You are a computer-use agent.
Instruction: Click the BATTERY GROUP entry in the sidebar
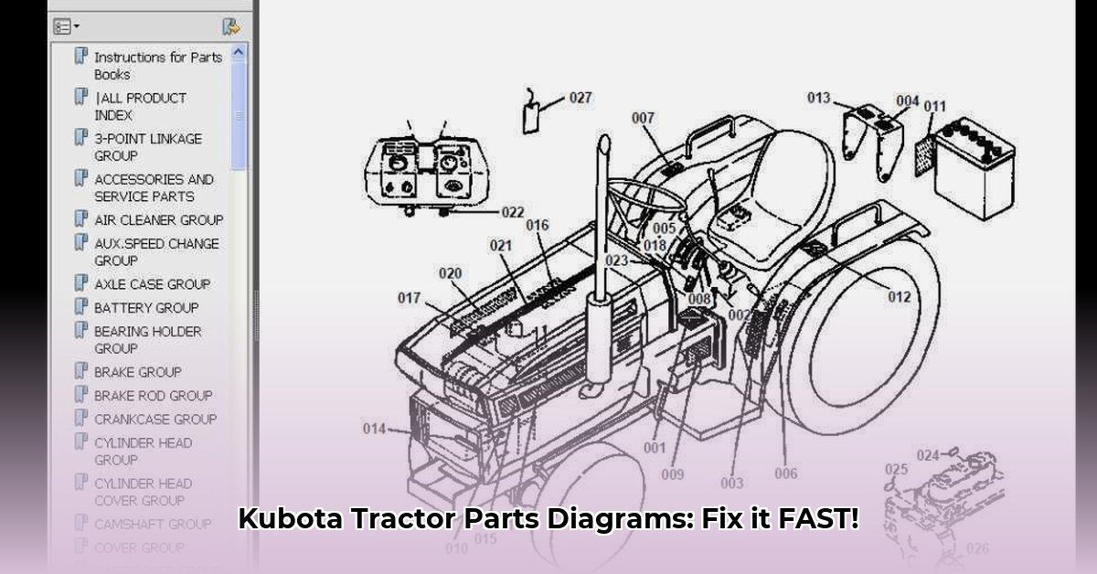(x=146, y=308)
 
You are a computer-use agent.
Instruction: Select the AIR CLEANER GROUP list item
(x=158, y=220)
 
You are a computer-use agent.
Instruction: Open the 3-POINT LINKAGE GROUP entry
(x=148, y=147)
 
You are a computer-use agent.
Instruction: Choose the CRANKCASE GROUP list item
(x=155, y=420)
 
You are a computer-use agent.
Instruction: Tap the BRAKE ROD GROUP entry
(x=153, y=396)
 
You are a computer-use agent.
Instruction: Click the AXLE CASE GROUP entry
(x=152, y=284)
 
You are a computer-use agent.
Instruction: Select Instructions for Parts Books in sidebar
(x=158, y=66)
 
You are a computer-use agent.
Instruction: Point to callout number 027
(x=580, y=98)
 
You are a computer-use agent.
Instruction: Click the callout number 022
(x=512, y=212)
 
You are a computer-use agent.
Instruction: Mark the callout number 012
(x=900, y=296)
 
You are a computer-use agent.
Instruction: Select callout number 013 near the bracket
(x=818, y=98)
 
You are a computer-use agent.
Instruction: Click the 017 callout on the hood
(x=409, y=298)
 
